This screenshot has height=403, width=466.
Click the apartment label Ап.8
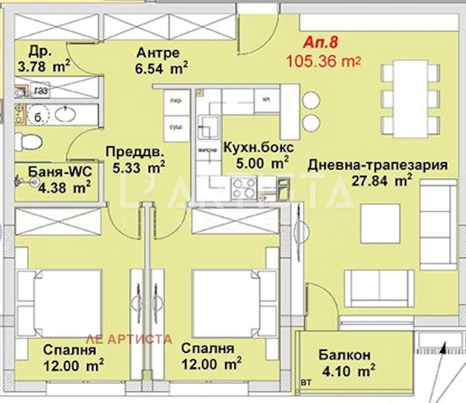(321, 43)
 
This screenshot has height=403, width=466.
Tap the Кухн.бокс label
(258, 147)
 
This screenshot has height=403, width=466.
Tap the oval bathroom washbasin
(65, 114)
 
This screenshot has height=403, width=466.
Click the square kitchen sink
(212, 124)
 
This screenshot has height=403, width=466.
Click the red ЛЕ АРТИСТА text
(130, 339)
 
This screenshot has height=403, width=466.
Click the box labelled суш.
(176, 125)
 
